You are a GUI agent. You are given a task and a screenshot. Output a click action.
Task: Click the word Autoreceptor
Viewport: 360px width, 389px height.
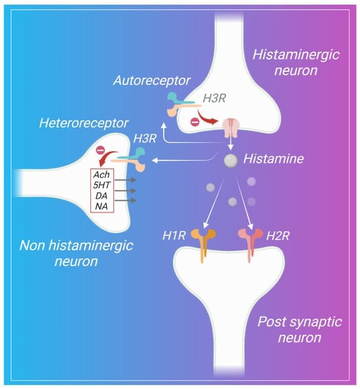[x=152, y=80]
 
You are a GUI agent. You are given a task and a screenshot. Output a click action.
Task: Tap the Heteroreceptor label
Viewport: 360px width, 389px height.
[x=84, y=124]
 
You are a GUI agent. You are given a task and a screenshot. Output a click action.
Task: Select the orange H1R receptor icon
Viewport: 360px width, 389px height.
[x=203, y=245]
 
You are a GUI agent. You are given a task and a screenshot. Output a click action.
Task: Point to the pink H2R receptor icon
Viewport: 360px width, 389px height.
[x=251, y=245]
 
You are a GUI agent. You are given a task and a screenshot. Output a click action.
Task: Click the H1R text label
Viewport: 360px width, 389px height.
[x=174, y=235]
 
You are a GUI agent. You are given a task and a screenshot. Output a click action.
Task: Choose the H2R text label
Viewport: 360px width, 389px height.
[x=278, y=236]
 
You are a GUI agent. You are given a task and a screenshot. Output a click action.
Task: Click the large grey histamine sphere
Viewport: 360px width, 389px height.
[x=230, y=161]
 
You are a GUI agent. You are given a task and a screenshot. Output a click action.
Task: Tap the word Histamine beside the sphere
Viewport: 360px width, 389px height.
[x=274, y=159]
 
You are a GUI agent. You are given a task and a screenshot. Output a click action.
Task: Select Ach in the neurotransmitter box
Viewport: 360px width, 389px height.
[x=101, y=175]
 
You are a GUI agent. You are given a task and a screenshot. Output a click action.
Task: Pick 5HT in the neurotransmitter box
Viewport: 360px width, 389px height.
[x=101, y=185]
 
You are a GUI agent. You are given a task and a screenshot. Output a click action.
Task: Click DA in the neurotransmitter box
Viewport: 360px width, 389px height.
[x=101, y=195]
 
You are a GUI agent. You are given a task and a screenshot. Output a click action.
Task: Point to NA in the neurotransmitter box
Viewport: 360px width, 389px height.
[x=101, y=206]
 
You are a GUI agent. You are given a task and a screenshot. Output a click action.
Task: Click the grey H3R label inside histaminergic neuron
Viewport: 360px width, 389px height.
[x=214, y=99]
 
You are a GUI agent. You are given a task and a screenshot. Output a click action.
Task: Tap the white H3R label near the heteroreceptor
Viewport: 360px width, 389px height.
[x=145, y=139]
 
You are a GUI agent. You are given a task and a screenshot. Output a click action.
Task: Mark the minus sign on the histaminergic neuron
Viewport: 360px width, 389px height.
[x=195, y=122]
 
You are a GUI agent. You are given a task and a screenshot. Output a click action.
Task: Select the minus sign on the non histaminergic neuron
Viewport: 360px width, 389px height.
[x=100, y=150]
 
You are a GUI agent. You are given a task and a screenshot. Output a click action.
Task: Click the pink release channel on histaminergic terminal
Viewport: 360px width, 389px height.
[x=230, y=127]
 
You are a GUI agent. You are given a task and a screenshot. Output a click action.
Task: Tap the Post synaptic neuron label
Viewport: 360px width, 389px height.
[x=300, y=330]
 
